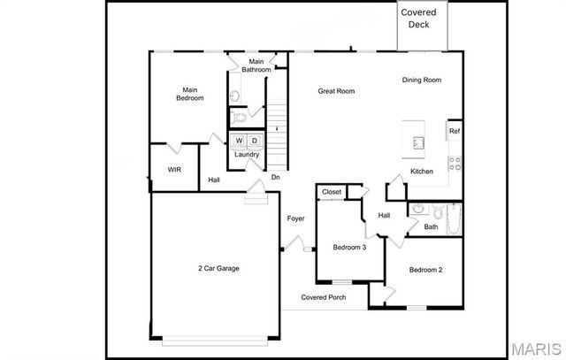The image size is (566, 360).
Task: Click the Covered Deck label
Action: (x=421, y=19)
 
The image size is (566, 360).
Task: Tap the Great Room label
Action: (x=337, y=91)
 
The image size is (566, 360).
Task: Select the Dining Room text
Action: (x=421, y=80)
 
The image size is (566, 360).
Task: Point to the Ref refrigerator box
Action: (x=454, y=131)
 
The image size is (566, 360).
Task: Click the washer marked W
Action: (x=239, y=141)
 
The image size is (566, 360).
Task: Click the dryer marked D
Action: (x=254, y=141)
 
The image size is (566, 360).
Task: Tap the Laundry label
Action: (x=247, y=155)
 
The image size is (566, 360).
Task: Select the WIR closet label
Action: (x=174, y=170)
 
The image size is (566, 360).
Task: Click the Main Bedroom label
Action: (x=189, y=94)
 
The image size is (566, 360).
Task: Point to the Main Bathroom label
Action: (x=250, y=65)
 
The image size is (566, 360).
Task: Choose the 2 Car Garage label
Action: (x=218, y=268)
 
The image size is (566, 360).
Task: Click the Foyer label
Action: (x=295, y=218)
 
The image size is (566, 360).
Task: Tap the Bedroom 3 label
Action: (x=349, y=248)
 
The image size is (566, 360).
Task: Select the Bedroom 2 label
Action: (x=425, y=270)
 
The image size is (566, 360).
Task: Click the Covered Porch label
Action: (x=323, y=297)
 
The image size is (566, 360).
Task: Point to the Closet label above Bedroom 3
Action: (x=332, y=192)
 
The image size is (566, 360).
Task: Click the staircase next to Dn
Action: (x=278, y=133)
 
